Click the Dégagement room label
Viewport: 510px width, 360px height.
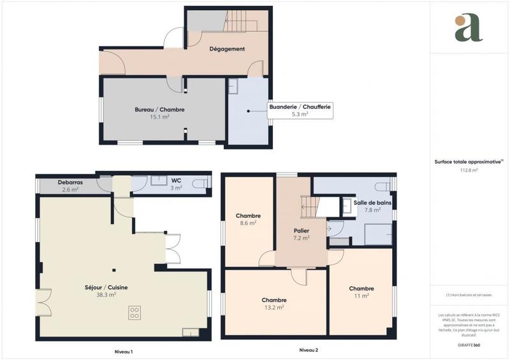coord(228,49)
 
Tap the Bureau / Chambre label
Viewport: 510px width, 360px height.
coord(159,110)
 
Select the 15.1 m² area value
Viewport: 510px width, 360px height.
coord(159,117)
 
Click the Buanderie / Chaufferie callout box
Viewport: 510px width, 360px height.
coord(300,110)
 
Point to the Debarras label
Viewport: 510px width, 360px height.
coord(70,182)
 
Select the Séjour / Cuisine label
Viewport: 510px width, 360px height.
coord(105,287)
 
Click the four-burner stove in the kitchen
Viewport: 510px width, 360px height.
coord(135,312)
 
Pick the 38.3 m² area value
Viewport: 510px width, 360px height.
coord(105,295)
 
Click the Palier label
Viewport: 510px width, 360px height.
coord(301,230)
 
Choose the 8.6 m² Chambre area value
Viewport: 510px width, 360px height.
coord(247,223)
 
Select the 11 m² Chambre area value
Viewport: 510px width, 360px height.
coord(361,296)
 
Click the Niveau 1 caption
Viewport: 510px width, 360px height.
coord(122,352)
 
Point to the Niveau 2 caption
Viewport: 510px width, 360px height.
coord(309,350)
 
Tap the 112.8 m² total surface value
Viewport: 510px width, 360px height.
coord(469,170)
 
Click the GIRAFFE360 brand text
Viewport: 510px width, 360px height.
coord(469,344)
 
